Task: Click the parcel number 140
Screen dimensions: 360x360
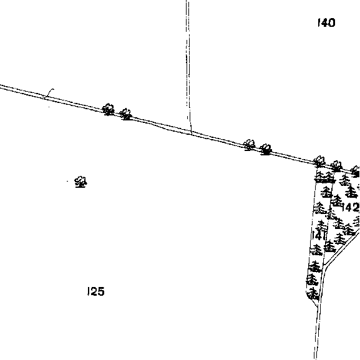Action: click(326, 22)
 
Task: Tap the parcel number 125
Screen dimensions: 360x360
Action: click(96, 291)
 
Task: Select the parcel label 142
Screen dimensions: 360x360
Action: click(351, 208)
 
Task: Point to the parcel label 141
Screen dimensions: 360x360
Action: click(319, 235)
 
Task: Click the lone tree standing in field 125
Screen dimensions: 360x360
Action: click(80, 182)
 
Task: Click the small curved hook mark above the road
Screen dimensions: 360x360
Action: click(49, 93)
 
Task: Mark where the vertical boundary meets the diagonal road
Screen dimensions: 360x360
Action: click(192, 132)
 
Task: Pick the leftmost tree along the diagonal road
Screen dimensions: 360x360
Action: click(108, 109)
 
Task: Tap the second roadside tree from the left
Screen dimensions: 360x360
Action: click(125, 114)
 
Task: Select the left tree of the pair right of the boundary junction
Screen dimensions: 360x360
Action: click(249, 145)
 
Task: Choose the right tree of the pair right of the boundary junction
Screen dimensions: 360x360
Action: click(266, 149)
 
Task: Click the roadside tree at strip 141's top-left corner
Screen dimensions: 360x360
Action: click(319, 162)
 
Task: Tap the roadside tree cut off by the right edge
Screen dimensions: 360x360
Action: click(356, 172)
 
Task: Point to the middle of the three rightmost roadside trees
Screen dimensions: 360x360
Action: click(336, 166)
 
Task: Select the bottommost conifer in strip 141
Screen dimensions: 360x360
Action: click(313, 294)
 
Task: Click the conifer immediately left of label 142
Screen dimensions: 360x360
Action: click(336, 200)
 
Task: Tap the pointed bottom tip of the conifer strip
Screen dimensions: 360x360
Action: click(318, 306)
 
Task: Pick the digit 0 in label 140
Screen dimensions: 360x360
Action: click(331, 23)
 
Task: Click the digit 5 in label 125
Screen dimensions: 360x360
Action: click(101, 291)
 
